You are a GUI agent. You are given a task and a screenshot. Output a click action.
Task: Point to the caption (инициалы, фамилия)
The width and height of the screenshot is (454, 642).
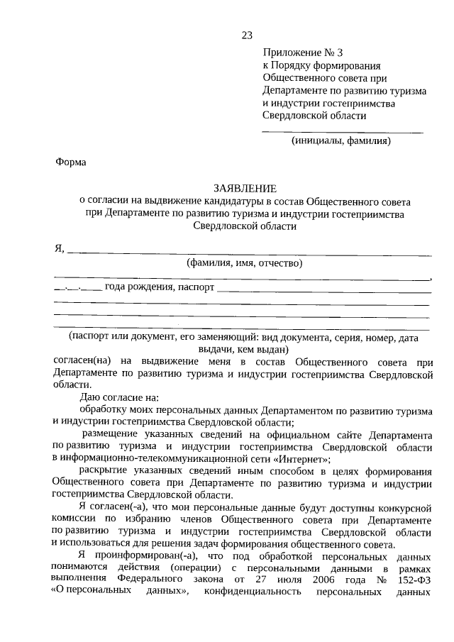(x=341, y=140)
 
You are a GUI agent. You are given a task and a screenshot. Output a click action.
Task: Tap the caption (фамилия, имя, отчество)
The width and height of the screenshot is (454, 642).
(x=244, y=263)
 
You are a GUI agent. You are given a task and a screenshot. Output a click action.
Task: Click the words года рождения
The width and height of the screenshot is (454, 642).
(x=135, y=287)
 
